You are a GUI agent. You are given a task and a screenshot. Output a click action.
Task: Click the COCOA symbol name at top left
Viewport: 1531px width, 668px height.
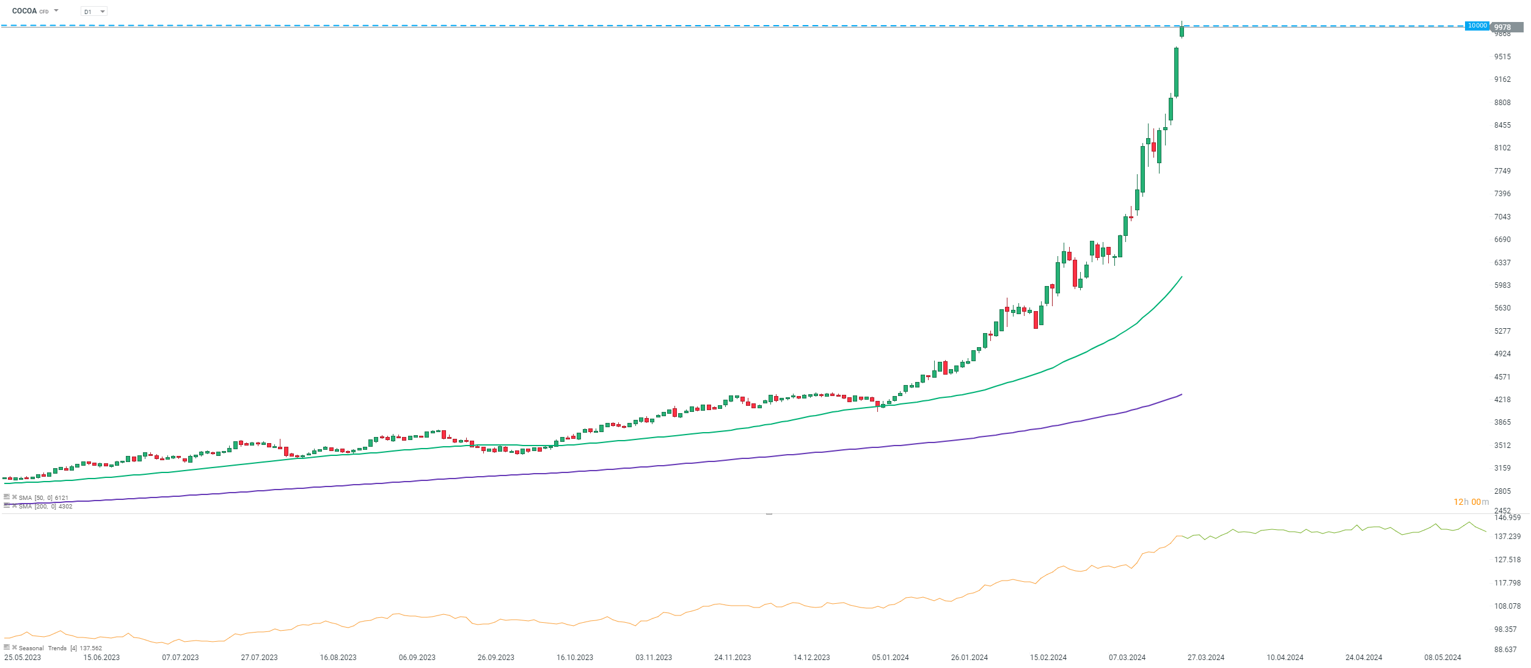(x=24, y=11)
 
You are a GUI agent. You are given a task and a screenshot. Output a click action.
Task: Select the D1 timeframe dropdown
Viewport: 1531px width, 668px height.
(x=94, y=12)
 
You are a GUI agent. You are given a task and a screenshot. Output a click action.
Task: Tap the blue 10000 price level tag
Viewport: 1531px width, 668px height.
(x=1477, y=26)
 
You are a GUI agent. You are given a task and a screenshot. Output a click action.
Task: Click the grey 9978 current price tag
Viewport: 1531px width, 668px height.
(x=1506, y=28)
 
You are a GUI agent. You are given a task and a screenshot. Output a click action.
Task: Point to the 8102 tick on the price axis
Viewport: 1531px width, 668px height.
(x=1502, y=148)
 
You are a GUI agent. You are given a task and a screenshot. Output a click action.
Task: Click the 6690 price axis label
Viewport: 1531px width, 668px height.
(x=1502, y=240)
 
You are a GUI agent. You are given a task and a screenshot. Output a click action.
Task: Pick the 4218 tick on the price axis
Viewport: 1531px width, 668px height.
(x=1502, y=400)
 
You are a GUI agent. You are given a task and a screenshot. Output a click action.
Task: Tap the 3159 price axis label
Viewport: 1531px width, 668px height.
(x=1502, y=468)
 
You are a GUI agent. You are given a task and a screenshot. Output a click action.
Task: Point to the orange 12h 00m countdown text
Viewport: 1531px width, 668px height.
(x=1471, y=502)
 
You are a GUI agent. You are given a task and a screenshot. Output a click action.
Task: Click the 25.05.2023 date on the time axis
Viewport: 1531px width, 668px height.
(x=23, y=658)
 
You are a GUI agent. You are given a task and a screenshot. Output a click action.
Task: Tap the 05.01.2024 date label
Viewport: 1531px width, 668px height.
(x=890, y=658)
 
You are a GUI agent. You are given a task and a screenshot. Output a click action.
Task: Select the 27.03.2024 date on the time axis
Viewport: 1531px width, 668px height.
(x=1205, y=658)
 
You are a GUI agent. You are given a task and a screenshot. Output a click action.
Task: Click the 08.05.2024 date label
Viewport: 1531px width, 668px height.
(x=1442, y=658)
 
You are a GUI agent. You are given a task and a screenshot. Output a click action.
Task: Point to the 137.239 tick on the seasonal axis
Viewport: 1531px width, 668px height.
(x=1507, y=537)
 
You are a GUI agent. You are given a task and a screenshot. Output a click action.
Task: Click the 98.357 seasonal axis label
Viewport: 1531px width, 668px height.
(x=1505, y=629)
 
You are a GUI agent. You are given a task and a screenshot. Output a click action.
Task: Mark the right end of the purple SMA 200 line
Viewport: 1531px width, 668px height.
(x=1182, y=394)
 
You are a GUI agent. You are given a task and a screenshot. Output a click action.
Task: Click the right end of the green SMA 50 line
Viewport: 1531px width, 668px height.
(x=1182, y=277)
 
